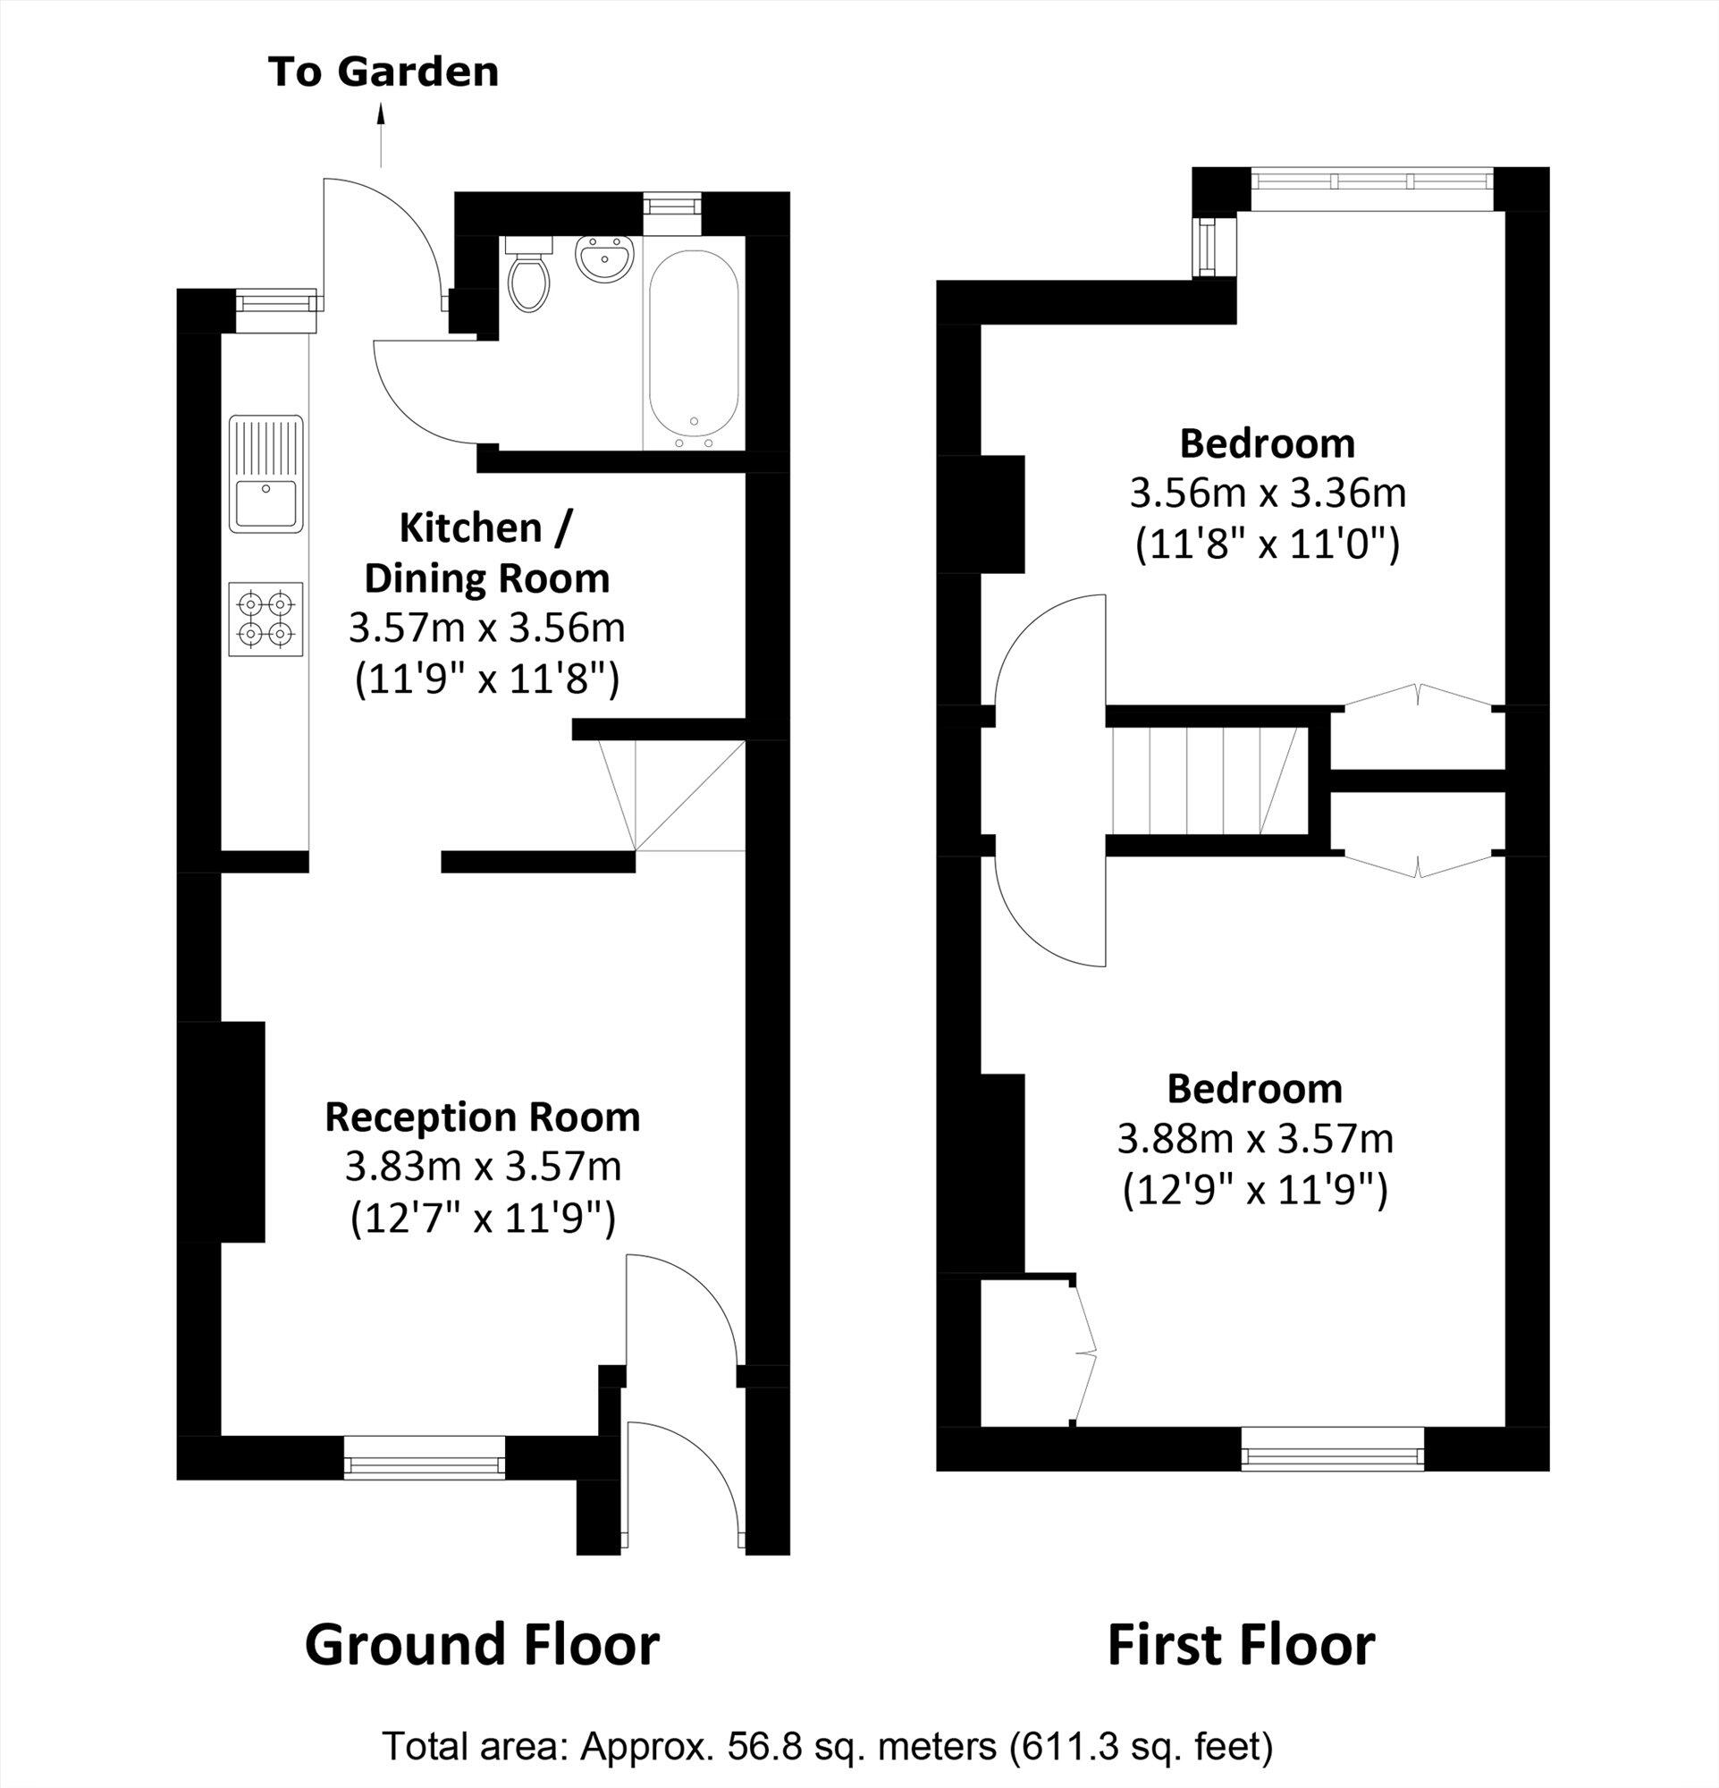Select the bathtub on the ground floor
[693, 350]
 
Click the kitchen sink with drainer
[265, 474]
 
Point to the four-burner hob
[265, 619]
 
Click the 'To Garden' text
[383, 72]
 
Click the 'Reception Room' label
[483, 1117]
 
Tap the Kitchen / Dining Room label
[486, 552]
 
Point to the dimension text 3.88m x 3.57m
[1255, 1138]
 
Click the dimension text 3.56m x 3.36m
[1267, 493]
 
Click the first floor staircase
[1204, 780]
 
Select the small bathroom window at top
[672, 203]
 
